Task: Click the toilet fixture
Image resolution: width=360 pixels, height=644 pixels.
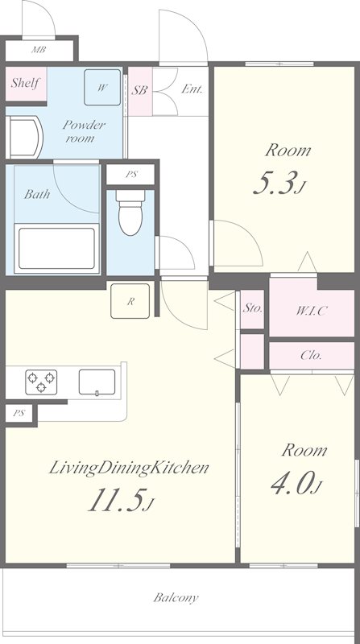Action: pyautogui.click(x=130, y=213)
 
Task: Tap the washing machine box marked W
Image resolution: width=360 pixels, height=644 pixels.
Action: pyautogui.click(x=102, y=87)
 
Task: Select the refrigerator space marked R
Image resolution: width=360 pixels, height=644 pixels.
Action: pyautogui.click(x=130, y=301)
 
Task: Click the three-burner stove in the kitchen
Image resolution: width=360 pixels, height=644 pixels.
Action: pyautogui.click(x=41, y=382)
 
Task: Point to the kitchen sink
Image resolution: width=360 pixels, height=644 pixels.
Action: pyautogui.click(x=97, y=382)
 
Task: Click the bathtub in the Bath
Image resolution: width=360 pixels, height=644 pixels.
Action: pyautogui.click(x=56, y=249)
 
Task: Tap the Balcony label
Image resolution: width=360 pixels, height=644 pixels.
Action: pyautogui.click(x=176, y=597)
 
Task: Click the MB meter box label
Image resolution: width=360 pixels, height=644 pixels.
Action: pyautogui.click(x=39, y=50)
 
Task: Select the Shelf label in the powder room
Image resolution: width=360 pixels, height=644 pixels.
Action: pyautogui.click(x=26, y=83)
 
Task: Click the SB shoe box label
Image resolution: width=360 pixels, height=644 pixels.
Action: pyautogui.click(x=139, y=90)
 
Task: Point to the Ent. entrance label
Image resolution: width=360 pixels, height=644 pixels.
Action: pyautogui.click(x=192, y=89)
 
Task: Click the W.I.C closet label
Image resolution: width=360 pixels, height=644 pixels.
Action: pyautogui.click(x=311, y=311)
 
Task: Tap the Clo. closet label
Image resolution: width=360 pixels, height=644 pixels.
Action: pyautogui.click(x=311, y=355)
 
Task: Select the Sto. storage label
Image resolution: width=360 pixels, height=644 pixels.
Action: pyautogui.click(x=252, y=309)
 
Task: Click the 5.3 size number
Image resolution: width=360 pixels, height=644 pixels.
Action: pyautogui.click(x=275, y=184)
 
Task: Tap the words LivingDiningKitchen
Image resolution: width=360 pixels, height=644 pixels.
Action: pyautogui.click(x=129, y=469)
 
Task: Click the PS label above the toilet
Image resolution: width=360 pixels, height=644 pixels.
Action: pyautogui.click(x=131, y=174)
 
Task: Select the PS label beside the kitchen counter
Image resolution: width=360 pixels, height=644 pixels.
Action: pyautogui.click(x=19, y=414)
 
